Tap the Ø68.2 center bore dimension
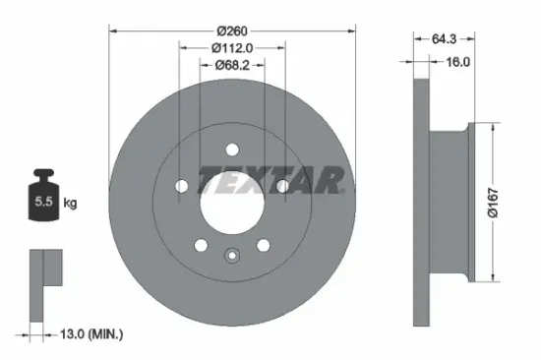[232, 65]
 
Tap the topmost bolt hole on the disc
[232, 150]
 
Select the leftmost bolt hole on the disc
[182, 186]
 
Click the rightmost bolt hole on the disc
[283, 186]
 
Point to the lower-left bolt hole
[202, 245]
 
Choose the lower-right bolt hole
[264, 245]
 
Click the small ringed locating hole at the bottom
[232, 258]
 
